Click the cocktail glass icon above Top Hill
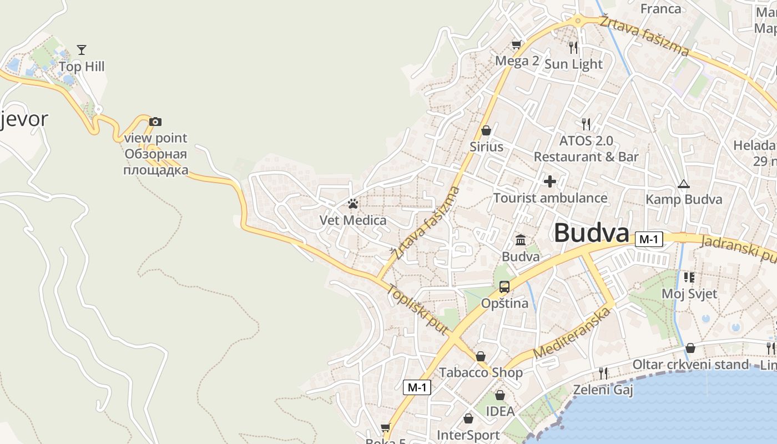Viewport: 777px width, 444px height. (x=82, y=50)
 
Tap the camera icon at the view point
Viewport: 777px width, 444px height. (x=155, y=122)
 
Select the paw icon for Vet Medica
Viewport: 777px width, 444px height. (x=353, y=204)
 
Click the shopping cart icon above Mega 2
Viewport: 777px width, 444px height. (x=517, y=44)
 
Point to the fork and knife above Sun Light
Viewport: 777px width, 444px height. (x=573, y=47)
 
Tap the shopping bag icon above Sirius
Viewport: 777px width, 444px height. (x=486, y=130)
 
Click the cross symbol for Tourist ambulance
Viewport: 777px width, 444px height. (x=550, y=181)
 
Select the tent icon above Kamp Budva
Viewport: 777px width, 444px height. (x=684, y=184)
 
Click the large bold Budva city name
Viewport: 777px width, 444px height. (x=592, y=233)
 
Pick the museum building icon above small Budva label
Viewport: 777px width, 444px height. (x=521, y=240)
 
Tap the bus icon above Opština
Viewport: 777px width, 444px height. (x=504, y=287)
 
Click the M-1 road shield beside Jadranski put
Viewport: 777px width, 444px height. (x=649, y=239)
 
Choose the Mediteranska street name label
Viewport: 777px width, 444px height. (x=572, y=332)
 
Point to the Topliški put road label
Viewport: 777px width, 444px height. (x=417, y=310)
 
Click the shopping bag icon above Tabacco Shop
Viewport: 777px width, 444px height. (x=481, y=356)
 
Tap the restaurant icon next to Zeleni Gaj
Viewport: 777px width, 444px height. (x=603, y=373)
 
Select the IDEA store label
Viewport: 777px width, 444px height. (x=500, y=411)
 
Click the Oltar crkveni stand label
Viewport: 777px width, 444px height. (x=690, y=365)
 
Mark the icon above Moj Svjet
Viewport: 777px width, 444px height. (x=689, y=277)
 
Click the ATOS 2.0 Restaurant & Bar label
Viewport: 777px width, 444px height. (x=586, y=149)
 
